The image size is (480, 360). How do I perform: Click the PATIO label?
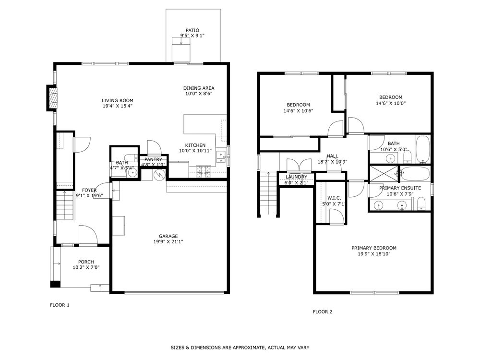point(192,30)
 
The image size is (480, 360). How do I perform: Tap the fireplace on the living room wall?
point(52,98)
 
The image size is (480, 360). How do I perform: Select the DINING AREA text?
point(199,88)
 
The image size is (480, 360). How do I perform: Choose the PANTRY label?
point(154,159)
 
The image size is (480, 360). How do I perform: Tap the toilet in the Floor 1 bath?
point(130,159)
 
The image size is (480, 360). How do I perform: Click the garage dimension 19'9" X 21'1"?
point(168,242)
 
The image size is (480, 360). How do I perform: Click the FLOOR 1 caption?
point(60,305)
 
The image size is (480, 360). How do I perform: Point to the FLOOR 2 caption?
point(323,312)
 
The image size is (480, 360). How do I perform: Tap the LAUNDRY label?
point(296,177)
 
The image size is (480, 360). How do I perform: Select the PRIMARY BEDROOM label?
point(374,248)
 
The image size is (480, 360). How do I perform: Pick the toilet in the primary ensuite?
point(421,205)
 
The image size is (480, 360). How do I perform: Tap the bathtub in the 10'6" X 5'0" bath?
point(422,149)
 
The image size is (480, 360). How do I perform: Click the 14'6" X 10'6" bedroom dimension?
point(298,111)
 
